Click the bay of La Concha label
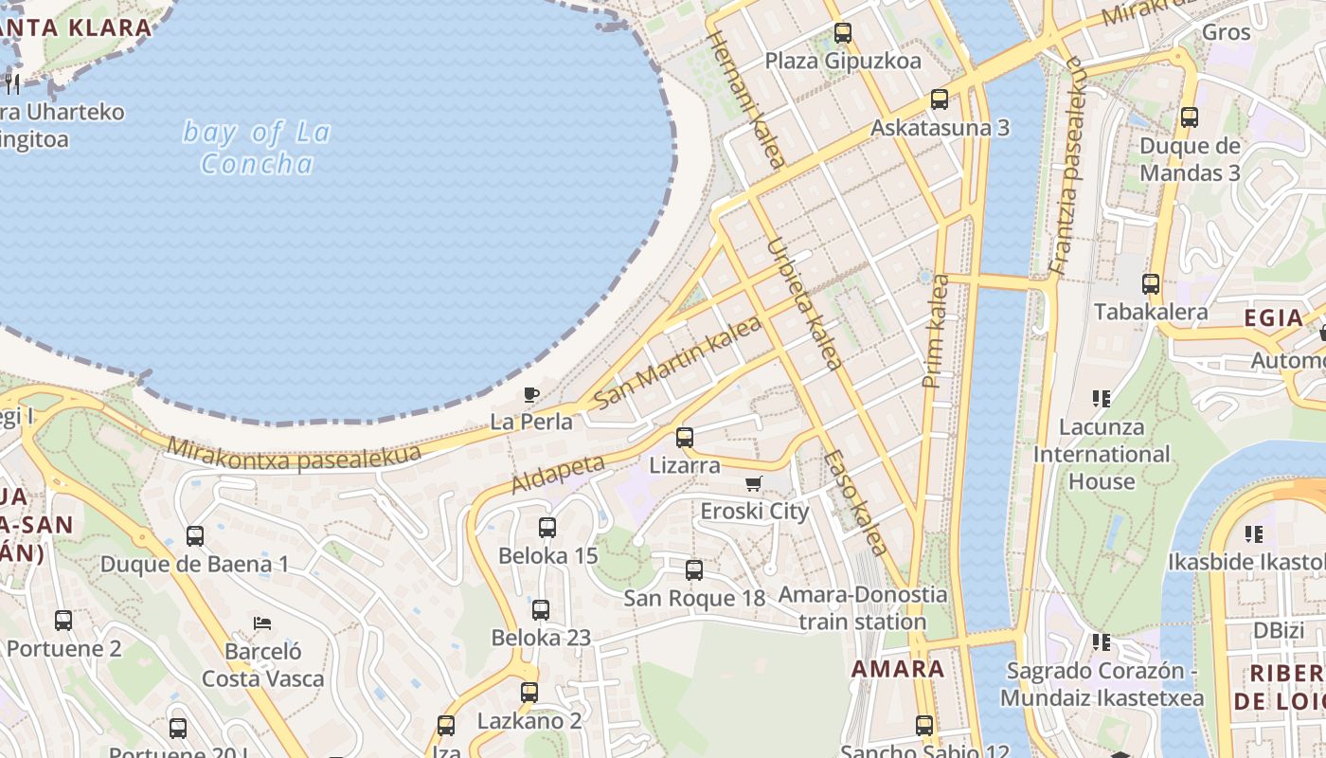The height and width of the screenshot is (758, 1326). [x=257, y=148]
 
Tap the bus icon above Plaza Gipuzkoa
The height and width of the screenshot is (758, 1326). [x=842, y=33]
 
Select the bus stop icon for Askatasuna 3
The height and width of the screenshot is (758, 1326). [x=940, y=99]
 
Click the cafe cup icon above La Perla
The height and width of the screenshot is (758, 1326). [x=531, y=394]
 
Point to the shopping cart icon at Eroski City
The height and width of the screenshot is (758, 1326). [x=754, y=484]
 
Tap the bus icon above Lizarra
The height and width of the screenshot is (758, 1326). [x=684, y=438]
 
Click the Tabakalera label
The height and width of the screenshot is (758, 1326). [x=1150, y=312]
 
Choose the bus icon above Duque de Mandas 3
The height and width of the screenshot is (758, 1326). [x=1189, y=117]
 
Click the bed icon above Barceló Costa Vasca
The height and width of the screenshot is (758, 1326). [x=263, y=623]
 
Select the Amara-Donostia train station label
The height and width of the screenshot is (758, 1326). [x=862, y=608]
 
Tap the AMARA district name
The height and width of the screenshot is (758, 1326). [x=898, y=669]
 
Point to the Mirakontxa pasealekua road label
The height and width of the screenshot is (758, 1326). [x=294, y=454]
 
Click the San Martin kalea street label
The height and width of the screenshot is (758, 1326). [x=677, y=363]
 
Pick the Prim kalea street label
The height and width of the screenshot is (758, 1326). [x=935, y=331]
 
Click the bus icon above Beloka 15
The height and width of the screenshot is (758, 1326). [x=547, y=528]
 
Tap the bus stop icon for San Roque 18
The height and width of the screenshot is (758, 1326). [x=694, y=570]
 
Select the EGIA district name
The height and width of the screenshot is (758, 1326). [x=1273, y=317]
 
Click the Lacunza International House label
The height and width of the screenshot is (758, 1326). [x=1102, y=454]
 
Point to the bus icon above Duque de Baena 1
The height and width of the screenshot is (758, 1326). [x=195, y=536]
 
